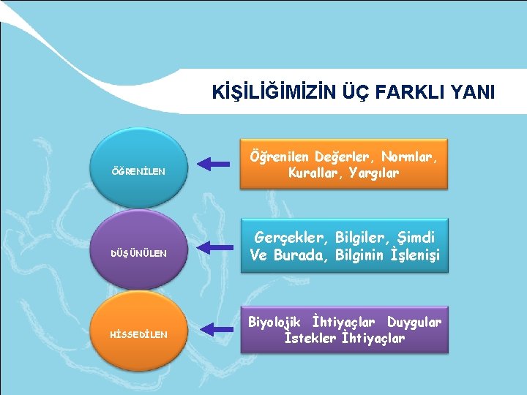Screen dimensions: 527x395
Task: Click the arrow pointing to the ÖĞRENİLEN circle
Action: [x=214, y=163]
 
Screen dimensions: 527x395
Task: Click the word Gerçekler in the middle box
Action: [x=288, y=238]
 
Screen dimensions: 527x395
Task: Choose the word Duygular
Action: [x=414, y=321]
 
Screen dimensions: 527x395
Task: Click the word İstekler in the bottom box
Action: [x=310, y=338]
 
